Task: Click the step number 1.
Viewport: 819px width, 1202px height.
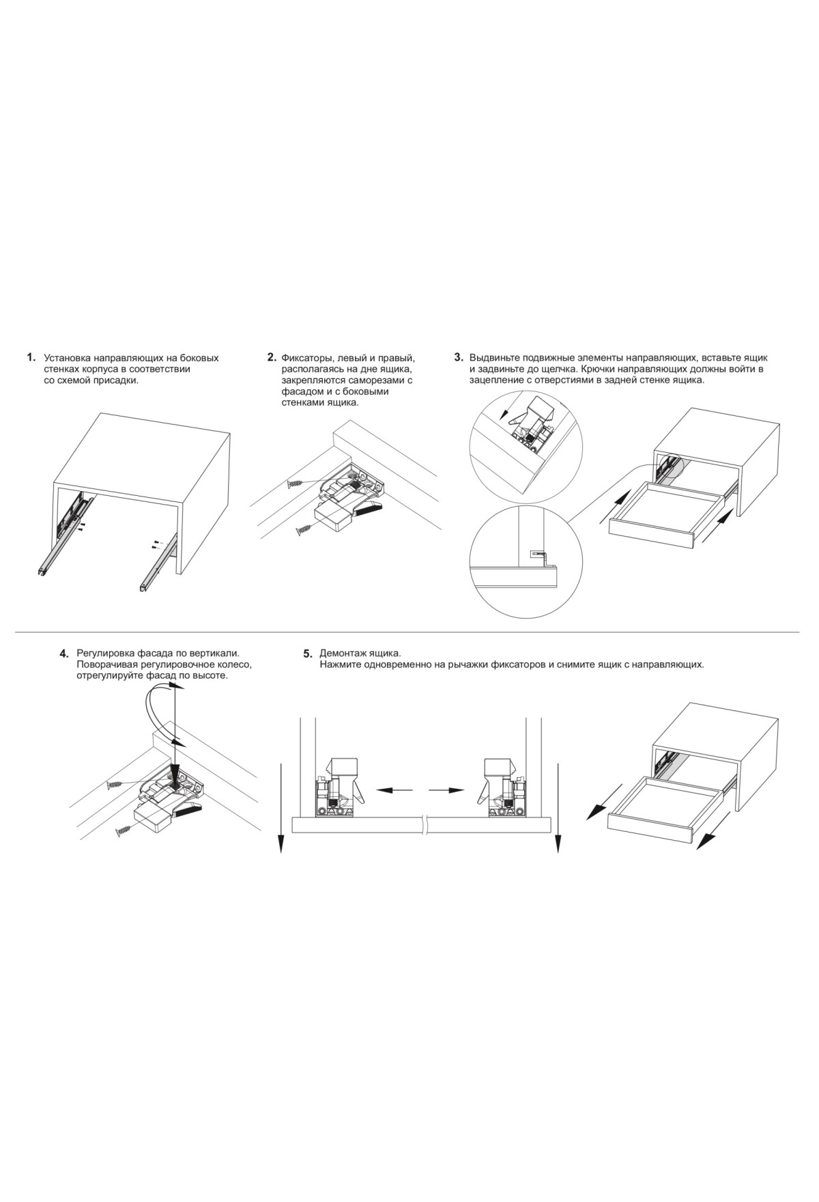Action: coord(31,357)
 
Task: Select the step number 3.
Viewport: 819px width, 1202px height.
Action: coord(459,357)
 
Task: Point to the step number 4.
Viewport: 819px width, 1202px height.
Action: coord(65,654)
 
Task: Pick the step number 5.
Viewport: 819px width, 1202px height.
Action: coord(308,654)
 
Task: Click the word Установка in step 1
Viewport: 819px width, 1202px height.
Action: coord(67,358)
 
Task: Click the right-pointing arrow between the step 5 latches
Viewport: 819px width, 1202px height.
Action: coord(447,790)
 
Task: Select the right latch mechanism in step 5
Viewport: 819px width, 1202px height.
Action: coord(504,785)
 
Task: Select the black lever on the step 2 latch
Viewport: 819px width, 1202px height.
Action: coord(369,508)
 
